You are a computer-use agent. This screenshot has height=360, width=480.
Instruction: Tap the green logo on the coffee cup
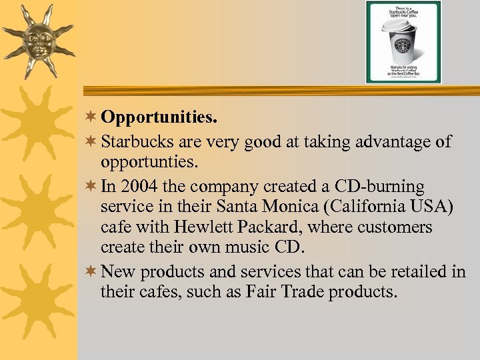[402, 46]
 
